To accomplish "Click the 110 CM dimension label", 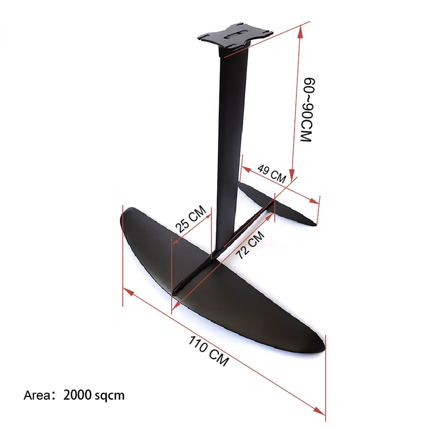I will coord(209,350).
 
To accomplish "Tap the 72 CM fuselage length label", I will coord(251,245).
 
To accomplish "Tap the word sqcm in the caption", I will coord(110,396).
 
